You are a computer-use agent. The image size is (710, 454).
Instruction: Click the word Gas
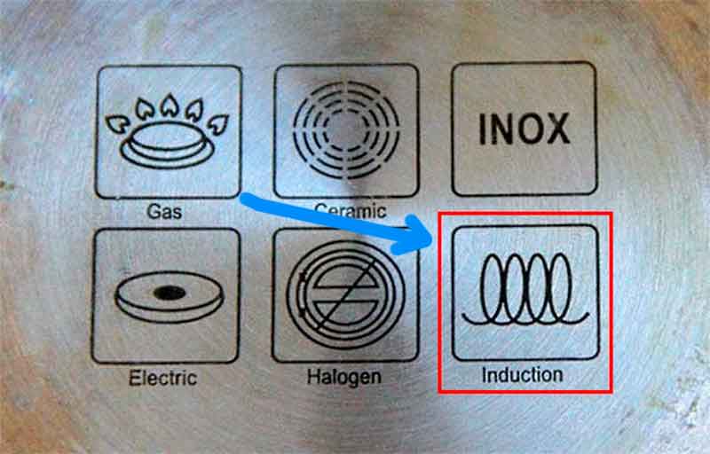coord(164,211)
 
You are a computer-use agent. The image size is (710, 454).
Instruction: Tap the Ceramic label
coord(350,210)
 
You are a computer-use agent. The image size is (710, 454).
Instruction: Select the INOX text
coord(525,129)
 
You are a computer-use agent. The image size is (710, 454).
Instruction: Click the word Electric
coord(162,378)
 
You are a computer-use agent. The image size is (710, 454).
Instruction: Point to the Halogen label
coord(344,376)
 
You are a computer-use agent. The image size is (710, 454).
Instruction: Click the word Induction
coord(522,375)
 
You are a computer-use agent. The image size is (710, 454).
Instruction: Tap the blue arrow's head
coord(413,235)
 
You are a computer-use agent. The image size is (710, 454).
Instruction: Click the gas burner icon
coord(168,131)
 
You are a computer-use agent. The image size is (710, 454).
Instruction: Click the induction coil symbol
coord(525,289)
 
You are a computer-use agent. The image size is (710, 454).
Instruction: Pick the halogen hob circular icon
coord(346,294)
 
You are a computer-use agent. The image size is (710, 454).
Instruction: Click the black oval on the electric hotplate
coord(170,293)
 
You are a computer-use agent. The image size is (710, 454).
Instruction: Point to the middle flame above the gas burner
coord(170,106)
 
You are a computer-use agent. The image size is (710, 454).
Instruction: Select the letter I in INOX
coord(482,129)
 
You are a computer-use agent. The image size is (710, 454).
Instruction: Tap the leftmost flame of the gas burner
coord(117,123)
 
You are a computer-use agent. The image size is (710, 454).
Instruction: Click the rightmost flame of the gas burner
coord(218,124)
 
